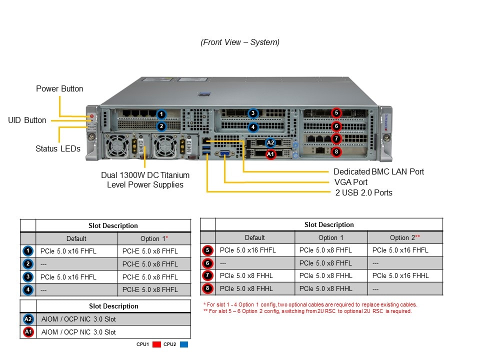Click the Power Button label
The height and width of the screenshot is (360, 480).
(59, 89)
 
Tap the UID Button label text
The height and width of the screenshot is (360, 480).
(27, 120)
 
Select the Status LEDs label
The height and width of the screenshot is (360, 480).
(58, 148)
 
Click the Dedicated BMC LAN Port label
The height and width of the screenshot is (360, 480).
(378, 171)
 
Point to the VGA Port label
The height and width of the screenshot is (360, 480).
(350, 182)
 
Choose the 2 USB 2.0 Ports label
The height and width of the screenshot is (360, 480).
(363, 192)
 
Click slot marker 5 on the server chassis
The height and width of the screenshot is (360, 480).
(336, 113)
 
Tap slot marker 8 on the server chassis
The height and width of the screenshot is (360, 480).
(336, 151)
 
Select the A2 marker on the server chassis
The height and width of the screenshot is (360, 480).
(270, 143)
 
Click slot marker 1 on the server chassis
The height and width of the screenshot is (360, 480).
(161, 114)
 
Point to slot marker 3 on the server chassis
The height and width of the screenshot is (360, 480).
(253, 113)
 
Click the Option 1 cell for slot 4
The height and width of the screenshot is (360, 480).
(150, 289)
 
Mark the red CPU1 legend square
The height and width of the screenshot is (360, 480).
(155, 344)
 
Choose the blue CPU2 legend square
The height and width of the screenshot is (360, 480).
(183, 344)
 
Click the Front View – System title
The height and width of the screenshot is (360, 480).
(240, 42)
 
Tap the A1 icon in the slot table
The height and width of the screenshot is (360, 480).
(28, 332)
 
